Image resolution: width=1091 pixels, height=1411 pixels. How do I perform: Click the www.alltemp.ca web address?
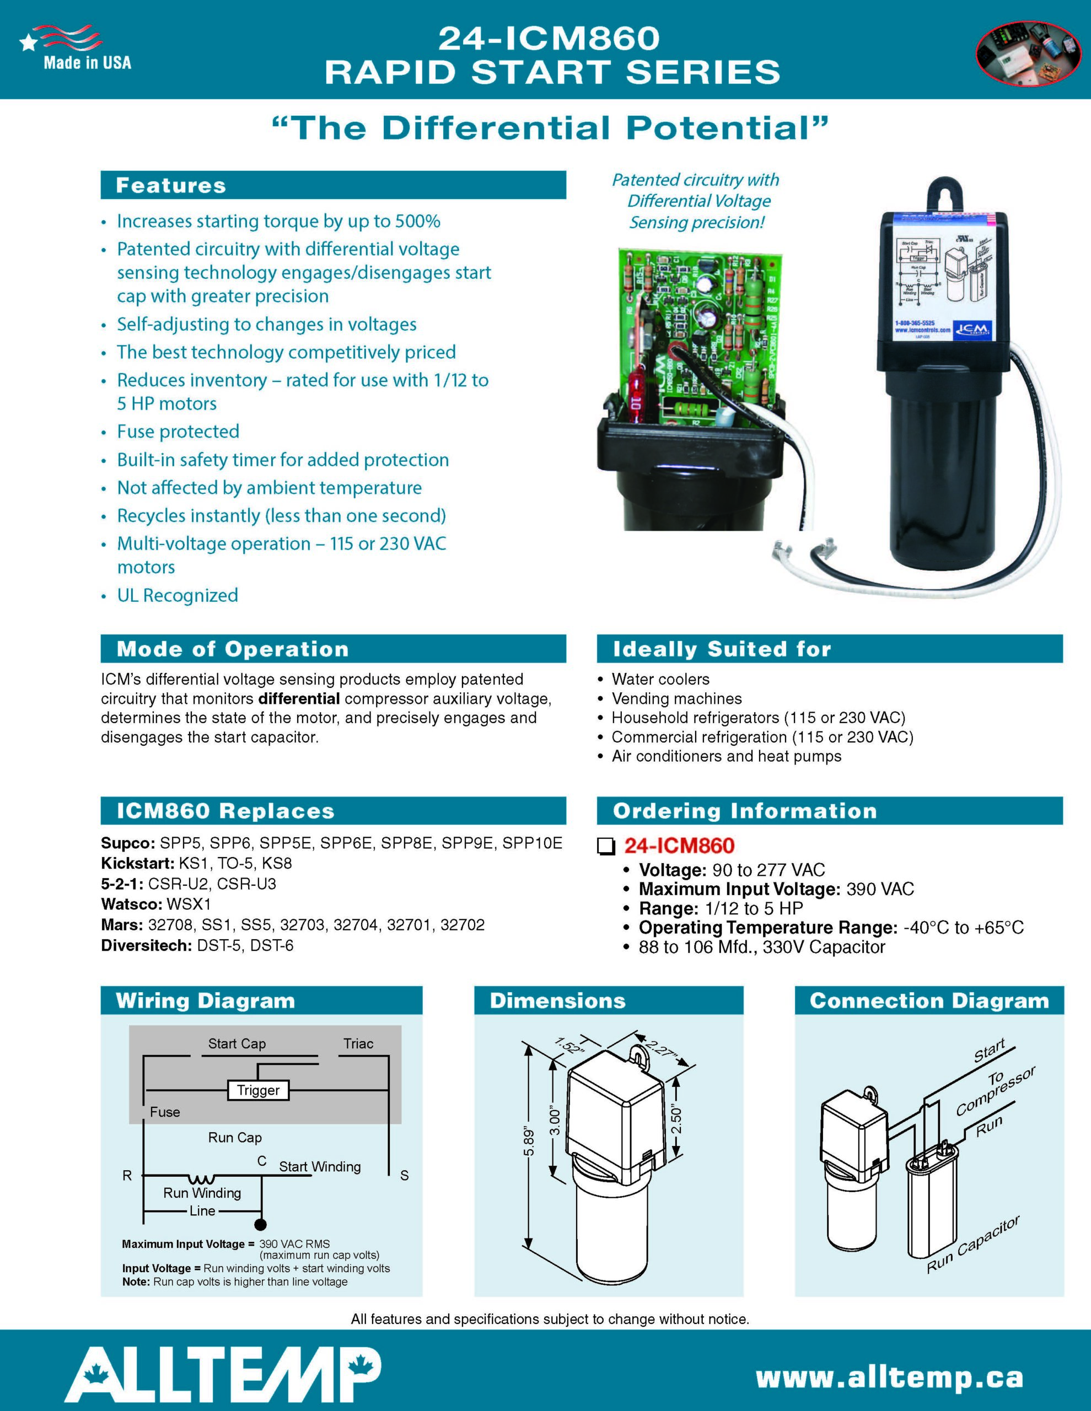pos(889,1377)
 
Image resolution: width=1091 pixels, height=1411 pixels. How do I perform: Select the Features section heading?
pos(171,185)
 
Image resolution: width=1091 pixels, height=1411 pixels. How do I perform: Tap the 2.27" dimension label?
pos(660,1047)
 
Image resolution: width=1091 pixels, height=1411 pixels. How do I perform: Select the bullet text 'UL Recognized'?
pos(177,595)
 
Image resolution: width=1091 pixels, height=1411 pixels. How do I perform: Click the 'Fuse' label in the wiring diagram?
pos(165,1112)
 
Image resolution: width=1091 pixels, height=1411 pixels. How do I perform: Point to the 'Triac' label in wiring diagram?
pos(358,1043)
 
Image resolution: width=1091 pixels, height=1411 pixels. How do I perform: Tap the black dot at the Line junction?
pos(260,1224)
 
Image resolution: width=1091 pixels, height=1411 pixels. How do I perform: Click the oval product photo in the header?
pos(1028,54)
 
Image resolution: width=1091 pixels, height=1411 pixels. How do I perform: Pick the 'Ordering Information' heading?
pos(745,811)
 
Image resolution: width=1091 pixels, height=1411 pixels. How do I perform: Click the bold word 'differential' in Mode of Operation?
pos(299,698)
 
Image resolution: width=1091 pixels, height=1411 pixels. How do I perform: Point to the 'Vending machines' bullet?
pos(676,698)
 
